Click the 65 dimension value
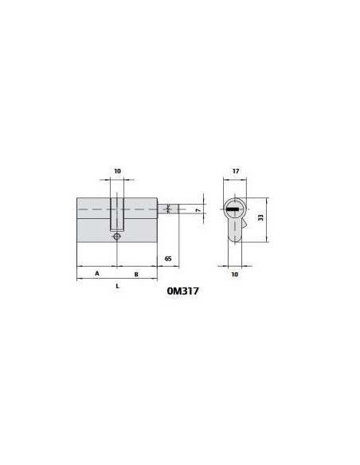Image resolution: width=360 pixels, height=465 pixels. [168, 259]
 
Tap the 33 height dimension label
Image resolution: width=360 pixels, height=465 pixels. [260, 217]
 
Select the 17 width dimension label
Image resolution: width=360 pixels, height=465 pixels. [236, 171]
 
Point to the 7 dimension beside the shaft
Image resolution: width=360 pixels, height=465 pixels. [198, 210]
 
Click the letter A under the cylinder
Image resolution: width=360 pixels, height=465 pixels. [97, 273]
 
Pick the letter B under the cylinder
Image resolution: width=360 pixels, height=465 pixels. [136, 275]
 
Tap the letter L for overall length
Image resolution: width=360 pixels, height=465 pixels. [117, 286]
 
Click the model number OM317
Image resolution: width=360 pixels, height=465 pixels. [182, 291]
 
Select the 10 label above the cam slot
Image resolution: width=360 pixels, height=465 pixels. [117, 171]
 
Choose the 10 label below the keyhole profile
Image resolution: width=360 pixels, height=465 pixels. [235, 275]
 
